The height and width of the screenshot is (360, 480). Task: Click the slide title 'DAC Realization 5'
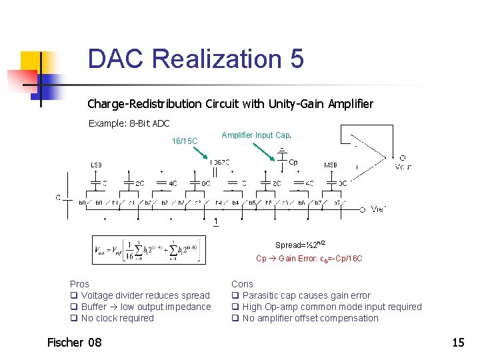[195, 59]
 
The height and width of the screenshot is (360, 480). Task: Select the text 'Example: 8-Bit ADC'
[129, 123]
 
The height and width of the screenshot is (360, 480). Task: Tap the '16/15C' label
[185, 141]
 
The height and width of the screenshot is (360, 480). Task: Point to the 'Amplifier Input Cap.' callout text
[256, 135]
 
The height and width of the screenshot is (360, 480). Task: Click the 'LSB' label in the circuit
[96, 165]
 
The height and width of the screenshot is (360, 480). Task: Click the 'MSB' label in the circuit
[330, 165]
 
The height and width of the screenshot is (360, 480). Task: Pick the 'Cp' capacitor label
[293, 162]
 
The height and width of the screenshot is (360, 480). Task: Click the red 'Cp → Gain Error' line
[309, 259]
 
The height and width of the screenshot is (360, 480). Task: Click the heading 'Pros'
[79, 284]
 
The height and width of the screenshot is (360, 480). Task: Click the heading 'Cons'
[242, 284]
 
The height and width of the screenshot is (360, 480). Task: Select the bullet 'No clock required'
[117, 318]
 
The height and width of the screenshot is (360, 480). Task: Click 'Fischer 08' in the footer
[75, 342]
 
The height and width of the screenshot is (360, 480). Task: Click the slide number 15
[458, 343]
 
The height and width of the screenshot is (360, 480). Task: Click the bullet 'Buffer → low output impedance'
[145, 307]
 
